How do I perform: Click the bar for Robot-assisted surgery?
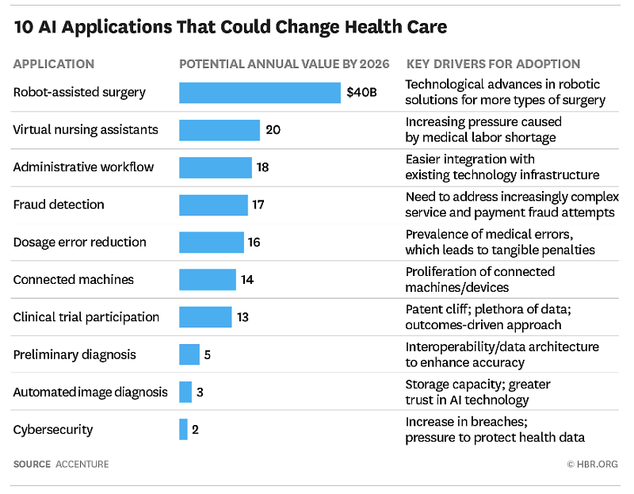tap(259, 93)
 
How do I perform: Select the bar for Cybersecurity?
tap(183, 430)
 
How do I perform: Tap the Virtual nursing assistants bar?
tap(220, 130)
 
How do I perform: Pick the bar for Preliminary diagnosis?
tap(189, 354)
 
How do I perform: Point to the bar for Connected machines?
tap(208, 280)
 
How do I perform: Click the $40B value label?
tap(361, 93)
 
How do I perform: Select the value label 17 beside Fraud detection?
tap(258, 205)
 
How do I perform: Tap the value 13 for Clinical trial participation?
tap(243, 317)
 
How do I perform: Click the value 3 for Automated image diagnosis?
tap(201, 393)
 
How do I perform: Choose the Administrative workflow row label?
tap(83, 167)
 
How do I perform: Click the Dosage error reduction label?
tap(79, 243)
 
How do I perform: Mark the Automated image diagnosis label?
tap(90, 393)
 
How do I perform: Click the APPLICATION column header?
tap(54, 64)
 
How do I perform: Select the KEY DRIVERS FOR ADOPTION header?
tap(493, 64)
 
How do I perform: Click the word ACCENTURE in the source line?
tap(82, 464)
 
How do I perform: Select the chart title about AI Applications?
tap(230, 28)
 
